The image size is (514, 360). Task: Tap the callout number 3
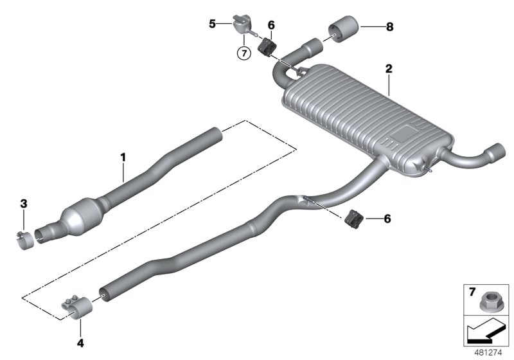[x=23, y=204]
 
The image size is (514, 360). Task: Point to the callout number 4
[x=80, y=343]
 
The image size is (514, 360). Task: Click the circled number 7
[x=243, y=53]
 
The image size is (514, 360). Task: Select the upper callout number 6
[x=270, y=25]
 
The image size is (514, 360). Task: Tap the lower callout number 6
[x=386, y=219]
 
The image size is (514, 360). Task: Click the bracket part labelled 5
[x=240, y=21]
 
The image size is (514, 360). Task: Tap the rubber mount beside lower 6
[x=353, y=219]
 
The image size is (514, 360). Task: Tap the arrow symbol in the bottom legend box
[x=483, y=331]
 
